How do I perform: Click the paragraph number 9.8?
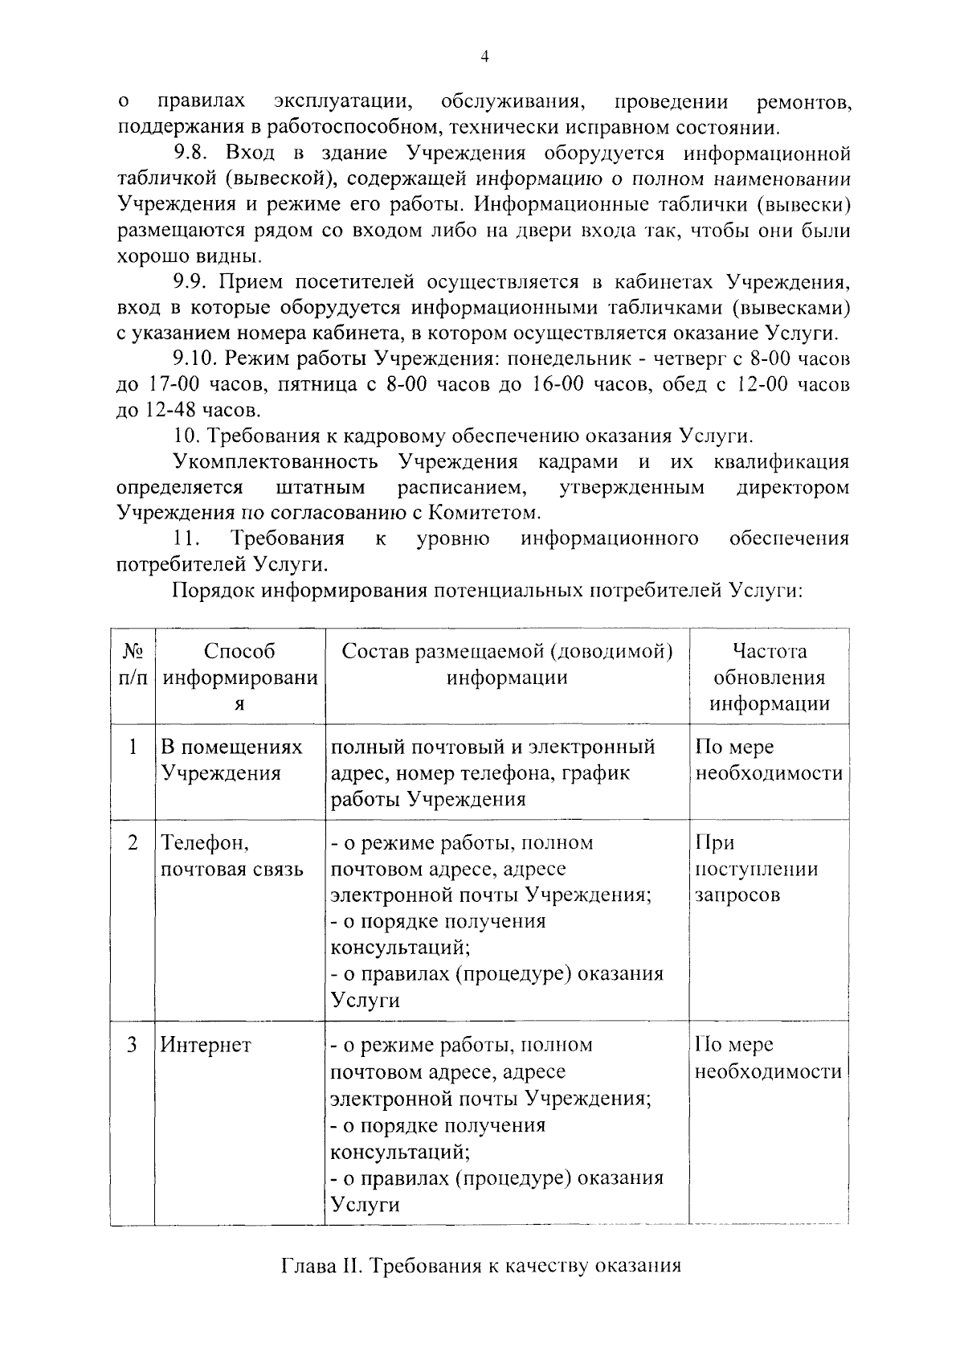191,153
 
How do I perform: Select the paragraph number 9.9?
191,281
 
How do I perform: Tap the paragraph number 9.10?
197,358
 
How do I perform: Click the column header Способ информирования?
239,678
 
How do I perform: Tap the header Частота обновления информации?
769,678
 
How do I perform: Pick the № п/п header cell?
133,664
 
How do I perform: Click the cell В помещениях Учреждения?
231,760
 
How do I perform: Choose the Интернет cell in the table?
206,1045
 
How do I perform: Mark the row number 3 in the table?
132,1045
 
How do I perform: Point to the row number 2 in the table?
132,843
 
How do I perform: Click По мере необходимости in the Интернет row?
768,1058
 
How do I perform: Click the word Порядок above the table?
210,591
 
